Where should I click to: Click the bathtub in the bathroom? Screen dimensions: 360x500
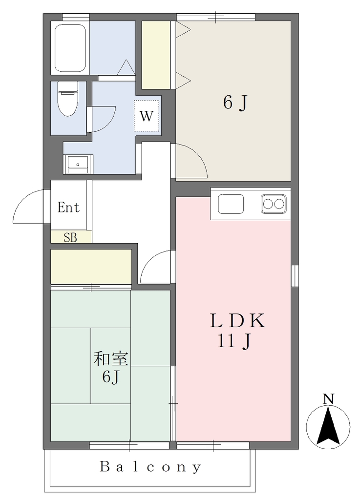click(70, 48)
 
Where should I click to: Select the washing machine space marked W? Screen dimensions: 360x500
click(147, 116)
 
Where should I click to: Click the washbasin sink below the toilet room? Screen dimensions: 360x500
click(78, 164)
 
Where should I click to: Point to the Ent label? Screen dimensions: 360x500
click(68, 208)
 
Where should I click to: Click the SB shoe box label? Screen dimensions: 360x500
click(70, 238)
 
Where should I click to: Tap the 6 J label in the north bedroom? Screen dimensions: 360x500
click(235, 103)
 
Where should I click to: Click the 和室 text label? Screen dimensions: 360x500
click(111, 359)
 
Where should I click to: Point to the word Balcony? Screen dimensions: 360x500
click(151, 467)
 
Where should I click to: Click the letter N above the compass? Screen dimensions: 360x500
click(328, 399)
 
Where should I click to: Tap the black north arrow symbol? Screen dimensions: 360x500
click(328, 425)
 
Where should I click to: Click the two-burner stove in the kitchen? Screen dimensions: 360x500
click(273, 203)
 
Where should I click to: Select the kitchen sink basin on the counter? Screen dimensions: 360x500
click(231, 204)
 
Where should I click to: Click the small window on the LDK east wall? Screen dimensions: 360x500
click(295, 276)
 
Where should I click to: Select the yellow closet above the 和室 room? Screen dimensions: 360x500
click(91, 267)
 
